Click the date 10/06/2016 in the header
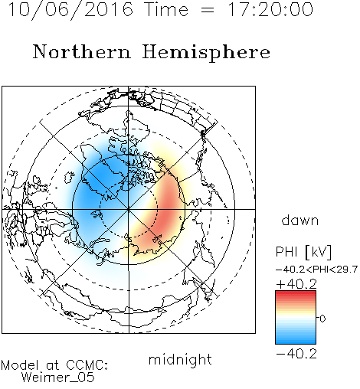click(70, 10)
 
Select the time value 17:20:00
click(270, 9)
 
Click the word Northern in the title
click(82, 52)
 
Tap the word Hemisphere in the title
click(206, 52)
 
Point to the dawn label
click(300, 220)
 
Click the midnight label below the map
click(180, 359)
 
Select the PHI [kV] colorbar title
click(303, 252)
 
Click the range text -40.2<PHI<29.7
click(316, 270)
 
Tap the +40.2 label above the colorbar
click(296, 284)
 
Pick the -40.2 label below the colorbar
click(296, 354)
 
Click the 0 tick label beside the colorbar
click(322, 319)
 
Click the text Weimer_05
click(58, 377)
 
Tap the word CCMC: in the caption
click(87, 365)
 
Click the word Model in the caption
click(21, 365)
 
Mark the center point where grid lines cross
click(129, 209)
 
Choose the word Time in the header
click(166, 9)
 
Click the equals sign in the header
click(208, 11)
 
